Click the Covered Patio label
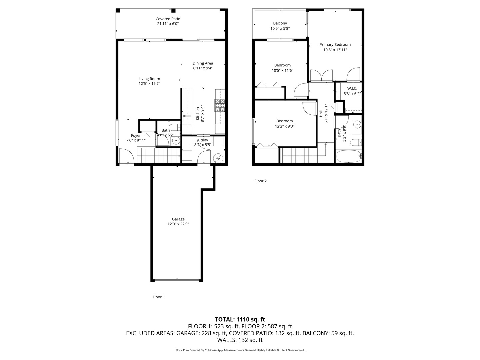tap(168, 19)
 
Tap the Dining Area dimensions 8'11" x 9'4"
tap(203, 68)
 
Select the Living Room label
tap(149, 79)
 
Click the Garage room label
tap(178, 219)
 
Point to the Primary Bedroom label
tap(335, 45)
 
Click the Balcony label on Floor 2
tap(280, 23)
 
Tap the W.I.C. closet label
tap(352, 89)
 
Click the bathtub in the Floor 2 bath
tap(348, 156)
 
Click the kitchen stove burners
tap(220, 105)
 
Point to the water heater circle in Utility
tap(218, 158)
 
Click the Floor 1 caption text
tap(159, 297)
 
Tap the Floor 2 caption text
tap(260, 181)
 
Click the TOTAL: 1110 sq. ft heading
tap(240, 319)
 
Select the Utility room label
tap(203, 140)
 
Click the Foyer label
tap(136, 136)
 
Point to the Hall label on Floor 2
tap(321, 114)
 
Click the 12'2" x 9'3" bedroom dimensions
tap(285, 126)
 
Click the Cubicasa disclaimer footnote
tap(240, 350)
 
